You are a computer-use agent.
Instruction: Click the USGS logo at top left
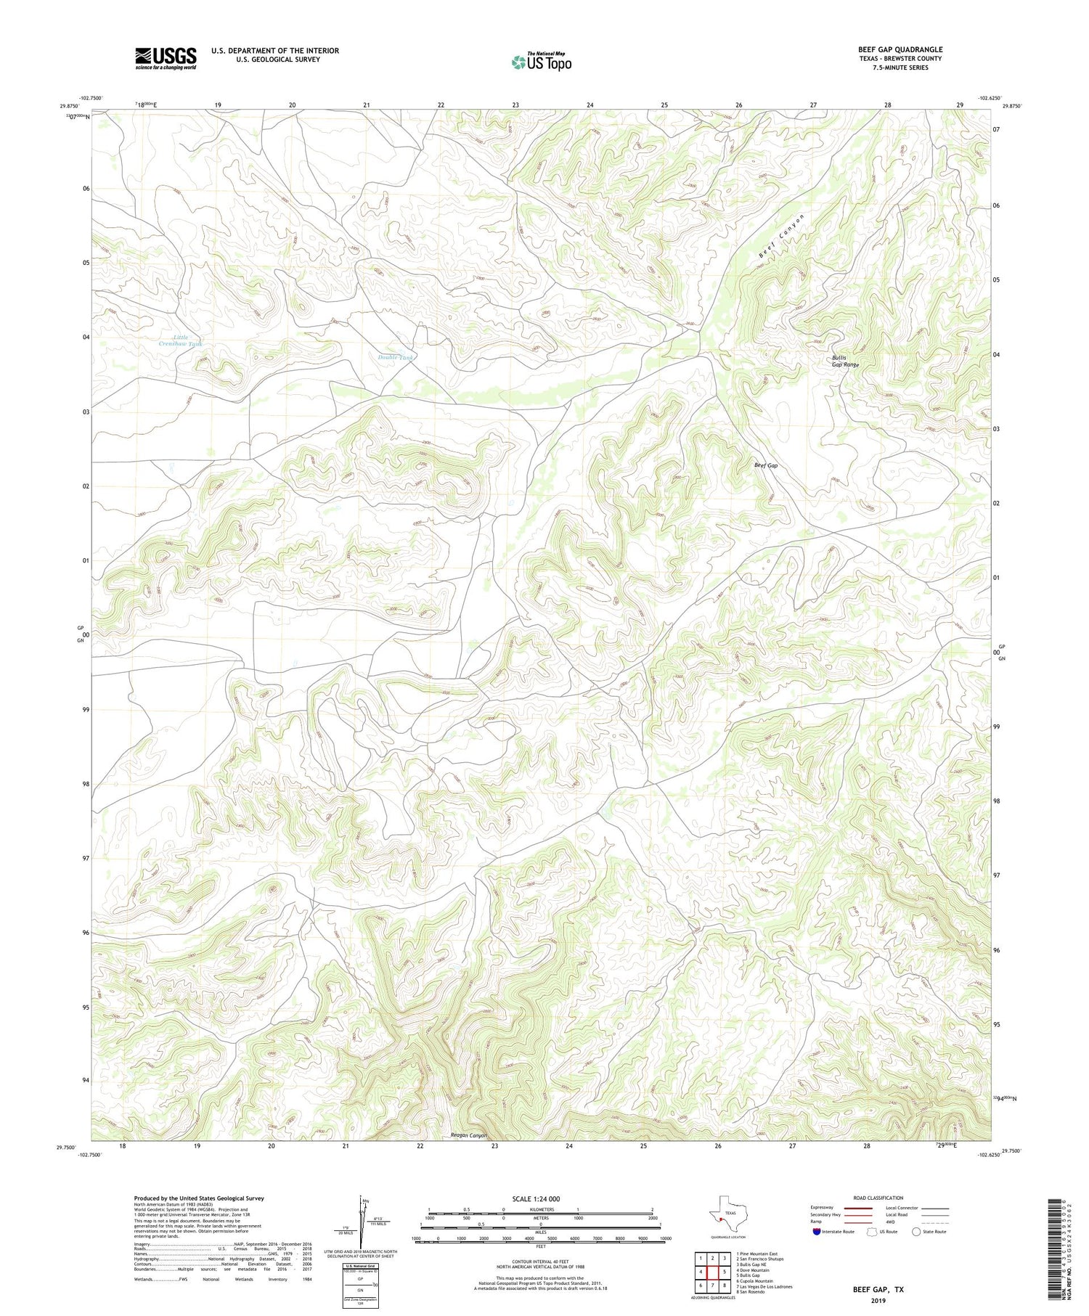pos(166,58)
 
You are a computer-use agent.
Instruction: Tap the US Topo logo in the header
pos(541,62)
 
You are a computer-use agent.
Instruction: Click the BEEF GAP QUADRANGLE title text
pos(900,49)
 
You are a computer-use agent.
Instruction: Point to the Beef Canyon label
pos(781,237)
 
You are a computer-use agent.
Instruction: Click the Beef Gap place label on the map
pos(765,465)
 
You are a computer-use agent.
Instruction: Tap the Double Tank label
pos(395,357)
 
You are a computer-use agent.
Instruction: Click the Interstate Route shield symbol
pos(817,1232)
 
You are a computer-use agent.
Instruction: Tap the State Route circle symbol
pos(916,1232)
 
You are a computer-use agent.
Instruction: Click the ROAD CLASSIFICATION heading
pos(878,1198)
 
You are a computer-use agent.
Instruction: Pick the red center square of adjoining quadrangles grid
pos(712,1272)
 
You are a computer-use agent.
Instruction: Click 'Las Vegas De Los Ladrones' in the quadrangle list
pos(764,1286)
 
